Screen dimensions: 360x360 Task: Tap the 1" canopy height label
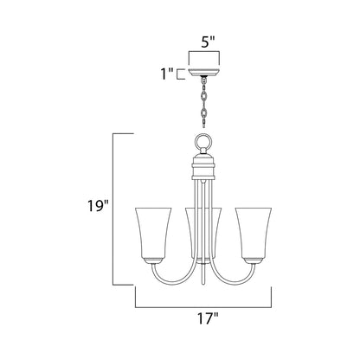164,75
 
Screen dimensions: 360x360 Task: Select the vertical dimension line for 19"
135,208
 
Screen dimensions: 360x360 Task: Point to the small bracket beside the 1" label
179,74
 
